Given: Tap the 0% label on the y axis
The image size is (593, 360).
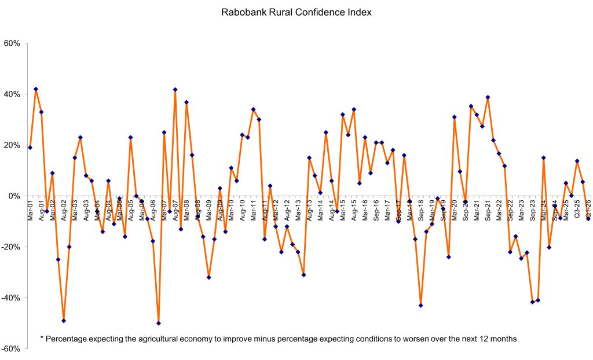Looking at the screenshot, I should (x=15, y=196).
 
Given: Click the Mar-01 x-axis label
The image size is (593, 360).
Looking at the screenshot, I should (x=30, y=210).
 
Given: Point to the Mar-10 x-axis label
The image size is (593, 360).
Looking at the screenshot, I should (x=231, y=210).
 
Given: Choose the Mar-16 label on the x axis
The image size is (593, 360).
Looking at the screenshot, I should (x=365, y=210).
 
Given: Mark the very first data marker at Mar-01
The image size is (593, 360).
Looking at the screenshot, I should (x=30, y=148).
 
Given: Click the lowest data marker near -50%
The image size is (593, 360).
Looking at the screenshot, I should (x=159, y=323).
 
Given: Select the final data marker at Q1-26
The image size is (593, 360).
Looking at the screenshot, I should (x=588, y=219).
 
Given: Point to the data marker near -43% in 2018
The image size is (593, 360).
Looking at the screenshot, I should (x=421, y=306).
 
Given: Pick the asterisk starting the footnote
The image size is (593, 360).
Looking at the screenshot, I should (x=42, y=337).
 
